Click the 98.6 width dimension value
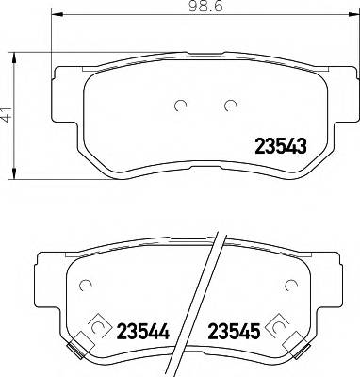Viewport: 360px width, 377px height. point(197,10)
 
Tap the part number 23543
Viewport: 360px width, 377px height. point(282,145)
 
